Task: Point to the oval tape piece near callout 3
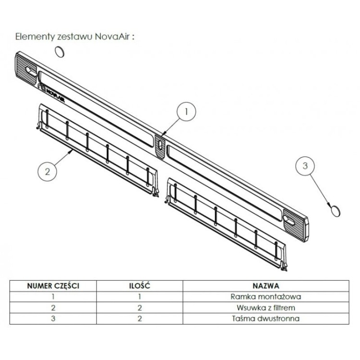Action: [335, 211]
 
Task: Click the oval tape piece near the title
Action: [60, 52]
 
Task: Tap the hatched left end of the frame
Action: [26, 70]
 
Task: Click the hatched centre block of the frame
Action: [160, 147]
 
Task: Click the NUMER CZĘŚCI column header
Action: [53, 286]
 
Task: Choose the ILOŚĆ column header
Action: [140, 286]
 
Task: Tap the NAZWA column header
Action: [266, 286]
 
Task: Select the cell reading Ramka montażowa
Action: [266, 297]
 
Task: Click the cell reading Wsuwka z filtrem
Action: [266, 308]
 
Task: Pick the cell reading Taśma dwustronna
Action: [266, 319]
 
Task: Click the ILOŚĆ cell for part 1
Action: [140, 297]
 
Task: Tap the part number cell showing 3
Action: [53, 319]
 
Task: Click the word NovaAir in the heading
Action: [112, 37]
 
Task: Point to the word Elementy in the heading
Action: [35, 37]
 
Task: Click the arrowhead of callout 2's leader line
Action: [72, 151]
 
